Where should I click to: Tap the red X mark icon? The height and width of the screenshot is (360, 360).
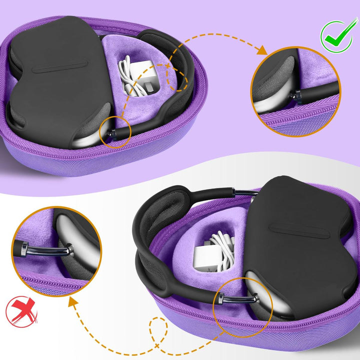21,311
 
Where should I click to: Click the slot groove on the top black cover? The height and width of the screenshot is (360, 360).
60,68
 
